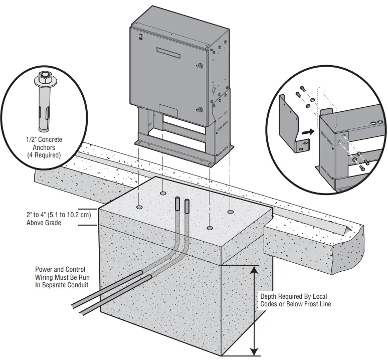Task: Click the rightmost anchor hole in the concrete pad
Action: coord(230,212)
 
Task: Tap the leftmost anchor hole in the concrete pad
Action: coord(139,207)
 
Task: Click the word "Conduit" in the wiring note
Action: coord(77,285)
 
